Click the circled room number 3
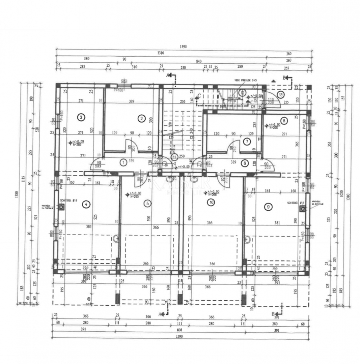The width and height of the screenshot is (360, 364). (x=81, y=117)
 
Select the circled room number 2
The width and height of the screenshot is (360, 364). (x=141, y=118)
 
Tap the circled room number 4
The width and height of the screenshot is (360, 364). (x=87, y=204)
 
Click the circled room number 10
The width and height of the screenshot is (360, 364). (x=211, y=203)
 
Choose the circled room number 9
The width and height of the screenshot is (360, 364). (x=268, y=207)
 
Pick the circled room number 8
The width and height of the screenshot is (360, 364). (x=284, y=120)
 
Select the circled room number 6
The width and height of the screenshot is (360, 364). (x=245, y=163)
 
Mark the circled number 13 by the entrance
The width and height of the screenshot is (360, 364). (x=281, y=94)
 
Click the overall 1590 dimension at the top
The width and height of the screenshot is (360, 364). (x=184, y=47)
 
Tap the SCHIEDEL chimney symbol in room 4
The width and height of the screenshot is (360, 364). (x=61, y=207)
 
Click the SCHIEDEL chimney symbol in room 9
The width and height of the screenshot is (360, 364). (x=302, y=209)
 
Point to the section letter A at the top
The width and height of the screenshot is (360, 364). (x=168, y=75)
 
